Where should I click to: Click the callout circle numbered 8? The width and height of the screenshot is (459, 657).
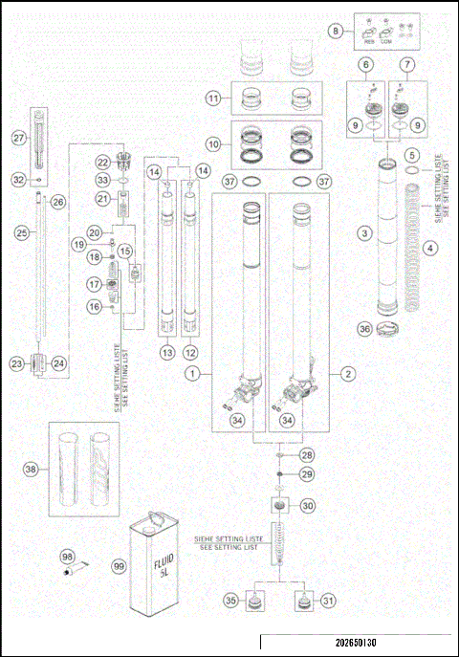(336, 32)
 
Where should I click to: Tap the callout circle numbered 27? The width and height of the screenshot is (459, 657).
(18, 138)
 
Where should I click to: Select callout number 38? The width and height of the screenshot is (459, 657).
(33, 469)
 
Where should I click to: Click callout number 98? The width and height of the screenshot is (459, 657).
(68, 556)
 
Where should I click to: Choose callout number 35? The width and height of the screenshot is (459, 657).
(230, 600)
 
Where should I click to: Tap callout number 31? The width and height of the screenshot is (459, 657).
(329, 600)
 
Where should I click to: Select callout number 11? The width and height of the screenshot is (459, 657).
(215, 98)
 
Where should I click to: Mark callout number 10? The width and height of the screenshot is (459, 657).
(215, 143)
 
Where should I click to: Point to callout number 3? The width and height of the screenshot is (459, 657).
(364, 232)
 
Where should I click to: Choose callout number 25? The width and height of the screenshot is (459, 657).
(23, 232)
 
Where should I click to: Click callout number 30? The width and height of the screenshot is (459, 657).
(308, 505)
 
